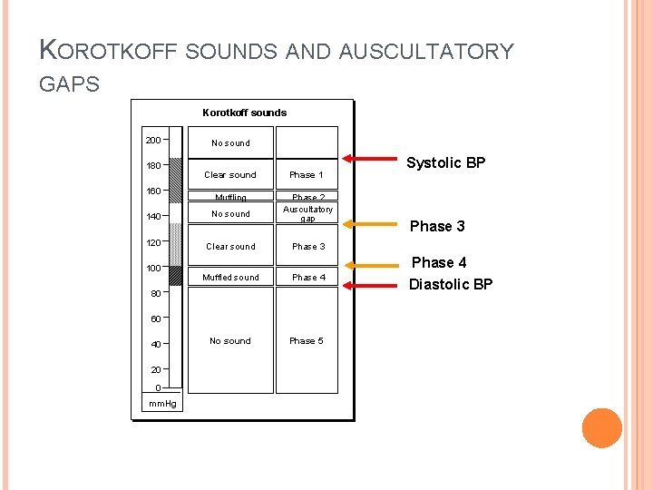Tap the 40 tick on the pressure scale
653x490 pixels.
[x=157, y=344]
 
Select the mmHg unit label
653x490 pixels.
[x=163, y=403]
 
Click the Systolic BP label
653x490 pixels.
[x=445, y=163]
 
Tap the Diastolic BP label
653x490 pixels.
[x=451, y=284]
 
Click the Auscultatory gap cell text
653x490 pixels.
[x=307, y=213]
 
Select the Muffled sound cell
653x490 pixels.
[x=230, y=277]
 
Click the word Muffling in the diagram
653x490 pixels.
[x=230, y=197]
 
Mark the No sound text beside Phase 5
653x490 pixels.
[x=229, y=341]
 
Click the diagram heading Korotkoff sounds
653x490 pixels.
[x=244, y=113]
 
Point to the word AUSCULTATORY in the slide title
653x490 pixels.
[x=425, y=52]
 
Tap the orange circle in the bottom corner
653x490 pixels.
[x=601, y=428]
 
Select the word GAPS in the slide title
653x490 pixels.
[x=70, y=84]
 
